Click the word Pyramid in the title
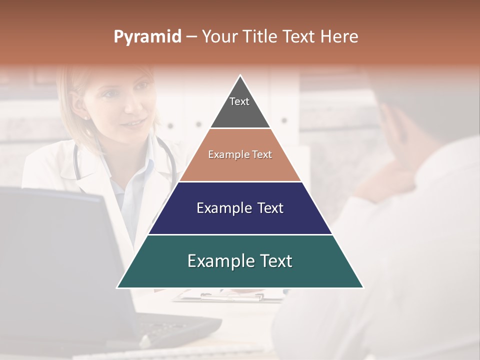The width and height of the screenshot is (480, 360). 147,37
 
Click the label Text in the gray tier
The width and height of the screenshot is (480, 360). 239,101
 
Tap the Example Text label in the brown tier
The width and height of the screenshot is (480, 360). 240,154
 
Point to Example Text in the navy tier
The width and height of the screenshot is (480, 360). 240,208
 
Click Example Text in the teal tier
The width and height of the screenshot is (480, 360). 240,261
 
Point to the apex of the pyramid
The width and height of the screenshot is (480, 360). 240,76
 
